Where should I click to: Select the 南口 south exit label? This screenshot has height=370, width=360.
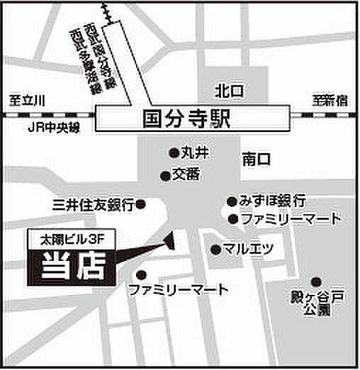pos(254,159)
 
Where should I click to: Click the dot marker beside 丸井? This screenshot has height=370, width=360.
pos(172,152)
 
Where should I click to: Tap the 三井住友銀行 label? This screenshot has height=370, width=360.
pos(93,205)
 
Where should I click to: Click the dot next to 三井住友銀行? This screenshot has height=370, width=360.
pos(140,204)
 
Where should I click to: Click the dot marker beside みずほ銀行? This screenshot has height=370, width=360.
pos(232,201)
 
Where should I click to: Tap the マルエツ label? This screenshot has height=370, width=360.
pos(248,249)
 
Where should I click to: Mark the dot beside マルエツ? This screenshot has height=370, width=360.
pos(215,249)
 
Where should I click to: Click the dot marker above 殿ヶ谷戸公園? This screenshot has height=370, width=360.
pos(315,281)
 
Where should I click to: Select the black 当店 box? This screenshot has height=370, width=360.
pos(69,267)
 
